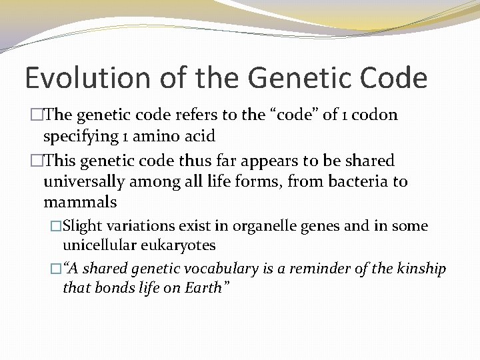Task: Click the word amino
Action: click(x=143, y=137)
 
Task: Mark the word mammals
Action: click(x=80, y=202)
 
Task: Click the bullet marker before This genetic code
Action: click(x=37, y=161)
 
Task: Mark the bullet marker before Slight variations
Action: click(x=56, y=226)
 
